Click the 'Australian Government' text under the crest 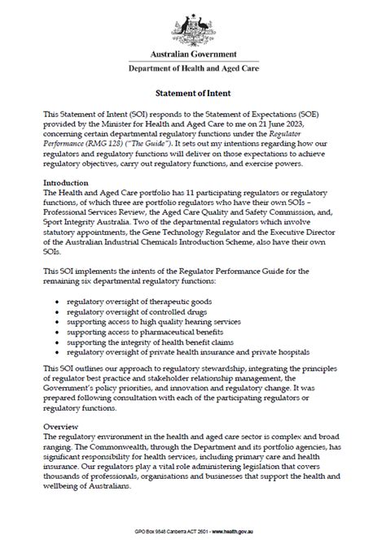pos(193,54)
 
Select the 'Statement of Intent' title pos(193,94)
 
